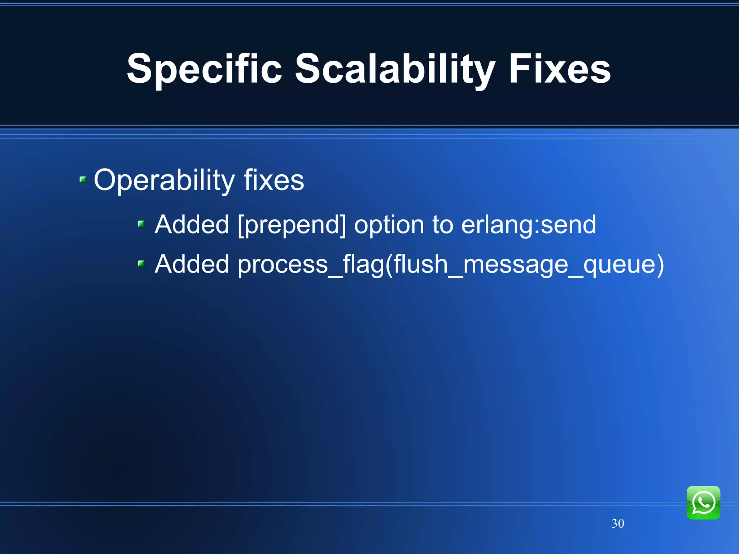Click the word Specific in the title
pos(204,70)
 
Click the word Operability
pos(164,180)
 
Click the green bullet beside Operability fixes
pos(83,179)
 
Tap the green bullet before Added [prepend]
pos(141,224)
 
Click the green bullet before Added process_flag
pos(141,264)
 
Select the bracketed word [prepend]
pos(292,225)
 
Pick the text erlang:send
pos(528,224)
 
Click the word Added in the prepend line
pos(192,224)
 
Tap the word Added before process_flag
pos(192,264)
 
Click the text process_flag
pos(310,265)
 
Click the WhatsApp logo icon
pos(703,502)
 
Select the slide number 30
pos(617,523)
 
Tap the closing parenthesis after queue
pos(660,265)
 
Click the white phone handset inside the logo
pos(703,502)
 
